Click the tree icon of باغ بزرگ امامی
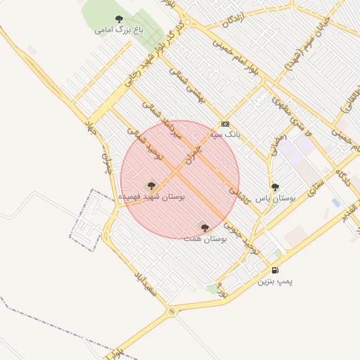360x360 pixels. pyautogui.click(x=118, y=18)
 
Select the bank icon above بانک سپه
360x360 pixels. pyautogui.click(x=224, y=122)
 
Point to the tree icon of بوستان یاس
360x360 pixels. pyautogui.click(x=275, y=187)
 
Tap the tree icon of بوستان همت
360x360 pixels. pyautogui.click(x=205, y=227)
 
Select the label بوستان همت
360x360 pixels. pyautogui.click(x=205, y=240)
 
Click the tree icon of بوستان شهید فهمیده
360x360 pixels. pyautogui.click(x=150, y=186)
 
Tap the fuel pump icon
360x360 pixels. pyautogui.click(x=275, y=270)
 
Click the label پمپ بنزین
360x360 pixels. pyautogui.click(x=274, y=282)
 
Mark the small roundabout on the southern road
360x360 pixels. pyautogui.click(x=172, y=311)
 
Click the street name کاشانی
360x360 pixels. pyautogui.click(x=240, y=195)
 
